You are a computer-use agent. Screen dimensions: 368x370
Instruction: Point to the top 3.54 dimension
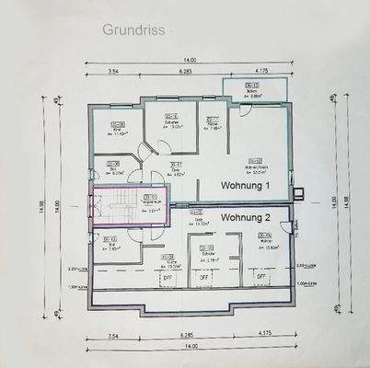(x=114, y=70)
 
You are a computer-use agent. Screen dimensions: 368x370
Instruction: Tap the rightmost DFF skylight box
(x=260, y=276)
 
